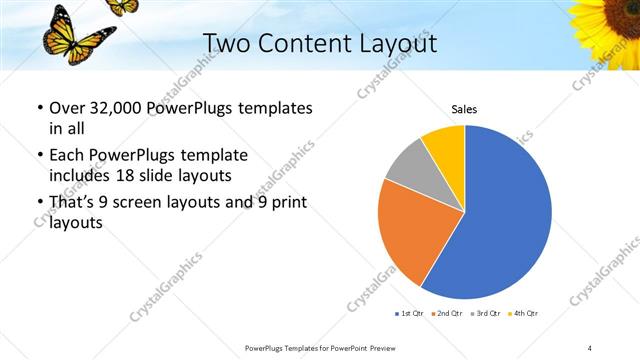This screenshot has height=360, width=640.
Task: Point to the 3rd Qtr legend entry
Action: [x=486, y=314]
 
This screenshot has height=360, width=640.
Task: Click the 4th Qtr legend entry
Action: [x=523, y=314]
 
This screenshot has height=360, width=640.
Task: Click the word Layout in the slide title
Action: [x=389, y=43]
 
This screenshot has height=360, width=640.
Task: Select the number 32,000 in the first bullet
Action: [x=107, y=108]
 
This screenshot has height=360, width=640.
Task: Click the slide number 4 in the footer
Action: [x=590, y=347]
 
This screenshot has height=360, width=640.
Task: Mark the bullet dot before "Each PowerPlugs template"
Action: [x=39, y=157]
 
